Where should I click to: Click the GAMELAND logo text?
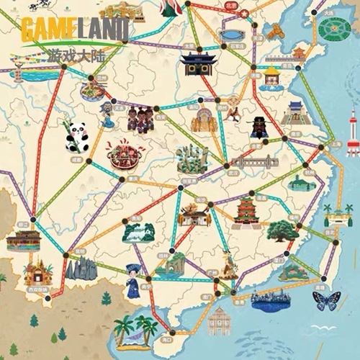[x=74, y=30]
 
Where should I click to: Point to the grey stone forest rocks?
[x=80, y=269]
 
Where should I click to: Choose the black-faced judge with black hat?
[x=260, y=127]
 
